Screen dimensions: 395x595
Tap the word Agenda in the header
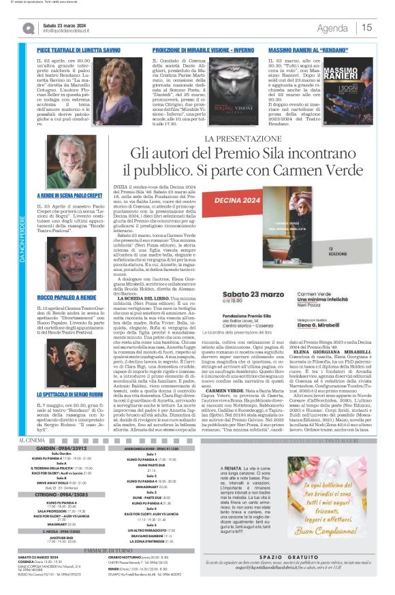click(332, 28)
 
